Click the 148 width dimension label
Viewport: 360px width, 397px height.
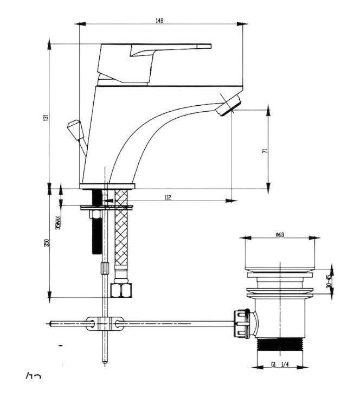pyautogui.click(x=159, y=21)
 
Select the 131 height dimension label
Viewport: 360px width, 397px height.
pyautogui.click(x=47, y=117)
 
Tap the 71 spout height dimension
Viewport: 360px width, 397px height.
pyautogui.click(x=265, y=151)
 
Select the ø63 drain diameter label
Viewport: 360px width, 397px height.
pyautogui.click(x=280, y=234)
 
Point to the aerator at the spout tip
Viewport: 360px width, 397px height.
pyautogui.click(x=228, y=105)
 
